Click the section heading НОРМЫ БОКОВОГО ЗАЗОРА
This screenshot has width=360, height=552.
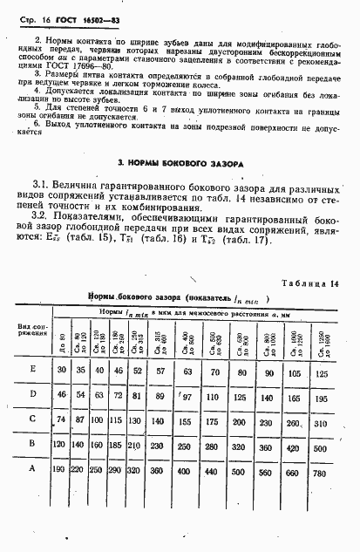pos(180,163)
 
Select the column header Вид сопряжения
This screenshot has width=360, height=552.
pos(31,328)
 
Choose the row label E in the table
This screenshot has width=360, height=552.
pos(33,369)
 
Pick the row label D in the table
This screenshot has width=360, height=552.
pos(33,394)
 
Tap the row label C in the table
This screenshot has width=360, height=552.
pos(33,419)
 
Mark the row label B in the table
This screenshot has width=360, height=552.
pos(33,444)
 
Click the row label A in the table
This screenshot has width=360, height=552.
pos(33,470)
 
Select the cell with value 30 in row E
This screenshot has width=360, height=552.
pos(62,370)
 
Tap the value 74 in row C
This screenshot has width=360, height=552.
pos(62,420)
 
